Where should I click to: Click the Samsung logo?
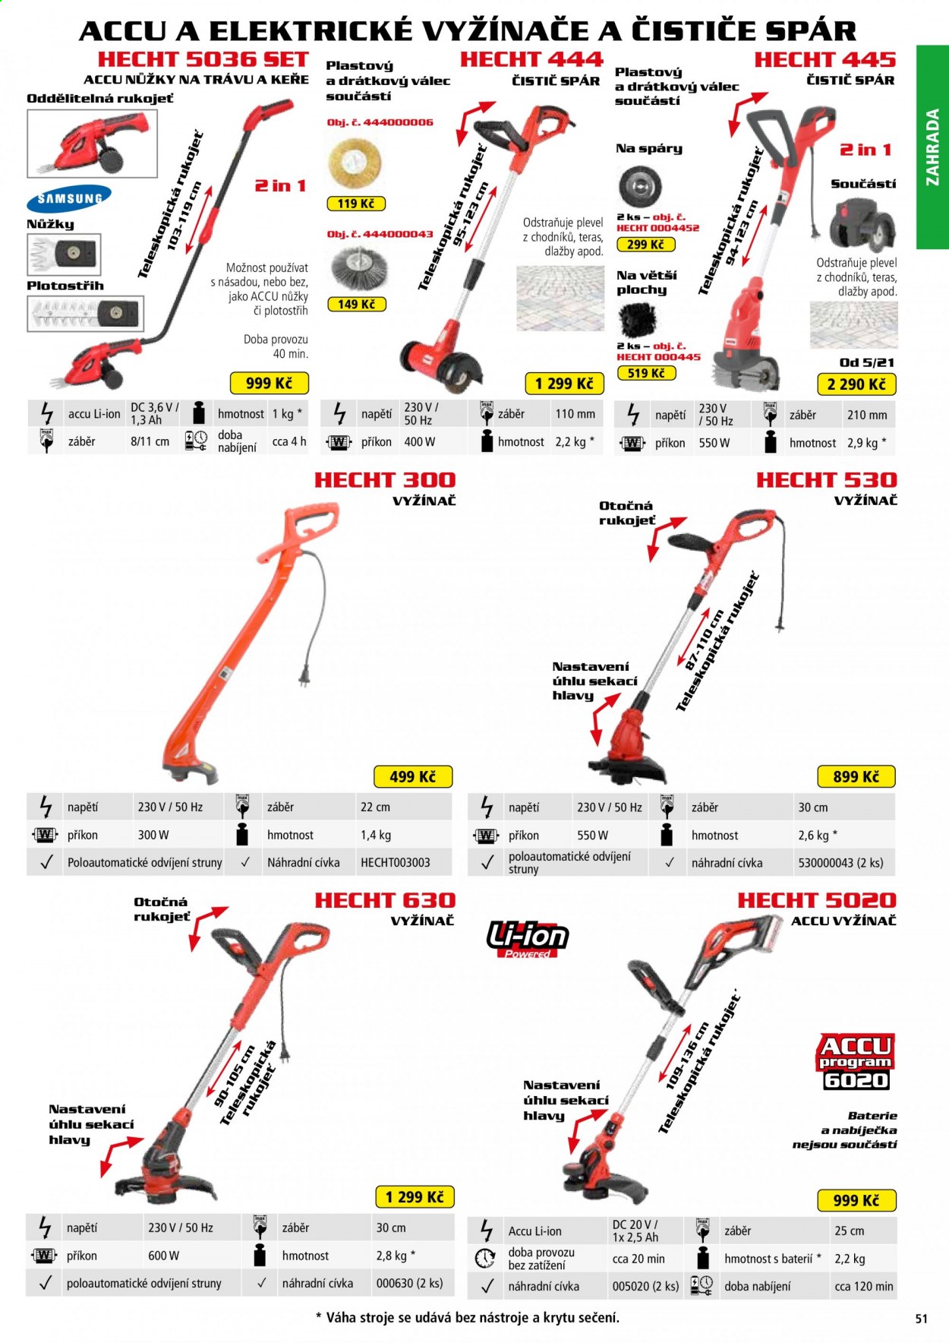tap(69, 199)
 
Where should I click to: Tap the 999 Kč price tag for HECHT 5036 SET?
tap(269, 384)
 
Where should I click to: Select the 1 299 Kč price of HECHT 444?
tap(564, 384)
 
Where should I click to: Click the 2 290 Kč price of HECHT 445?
tap(856, 384)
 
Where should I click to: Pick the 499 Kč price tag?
tap(413, 776)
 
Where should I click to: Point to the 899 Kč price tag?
tap(856, 776)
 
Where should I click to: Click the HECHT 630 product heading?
tap(385, 900)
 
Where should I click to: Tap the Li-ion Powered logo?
tap(528, 939)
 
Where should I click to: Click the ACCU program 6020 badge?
tap(856, 1062)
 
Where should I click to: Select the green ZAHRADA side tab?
tap(932, 147)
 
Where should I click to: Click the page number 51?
tap(921, 1319)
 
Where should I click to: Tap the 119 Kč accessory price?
tap(356, 204)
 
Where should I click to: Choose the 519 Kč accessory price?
tap(646, 373)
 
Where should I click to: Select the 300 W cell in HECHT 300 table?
tap(153, 835)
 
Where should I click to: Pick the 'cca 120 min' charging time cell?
tap(864, 1286)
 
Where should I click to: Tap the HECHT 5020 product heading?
tap(817, 900)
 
